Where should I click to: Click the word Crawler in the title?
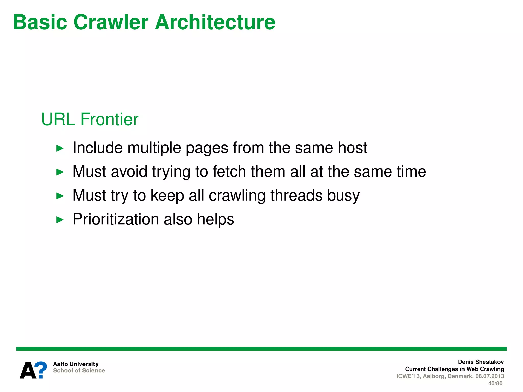pos(111,22)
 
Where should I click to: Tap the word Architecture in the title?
pos(215,22)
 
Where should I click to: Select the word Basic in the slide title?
pos(40,22)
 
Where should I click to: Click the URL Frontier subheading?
pos(90,119)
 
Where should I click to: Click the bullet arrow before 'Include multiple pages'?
pos(60,148)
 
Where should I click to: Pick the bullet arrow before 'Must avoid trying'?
pos(60,172)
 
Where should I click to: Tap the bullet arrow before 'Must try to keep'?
pos(60,196)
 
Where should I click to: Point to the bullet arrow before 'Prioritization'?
pos(60,219)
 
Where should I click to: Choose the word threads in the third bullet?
pos(296,195)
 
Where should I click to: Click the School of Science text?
pos(79,371)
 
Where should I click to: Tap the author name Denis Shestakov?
pos(481,362)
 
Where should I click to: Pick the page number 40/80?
pos(495,383)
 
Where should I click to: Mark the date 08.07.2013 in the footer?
pos(490,376)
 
